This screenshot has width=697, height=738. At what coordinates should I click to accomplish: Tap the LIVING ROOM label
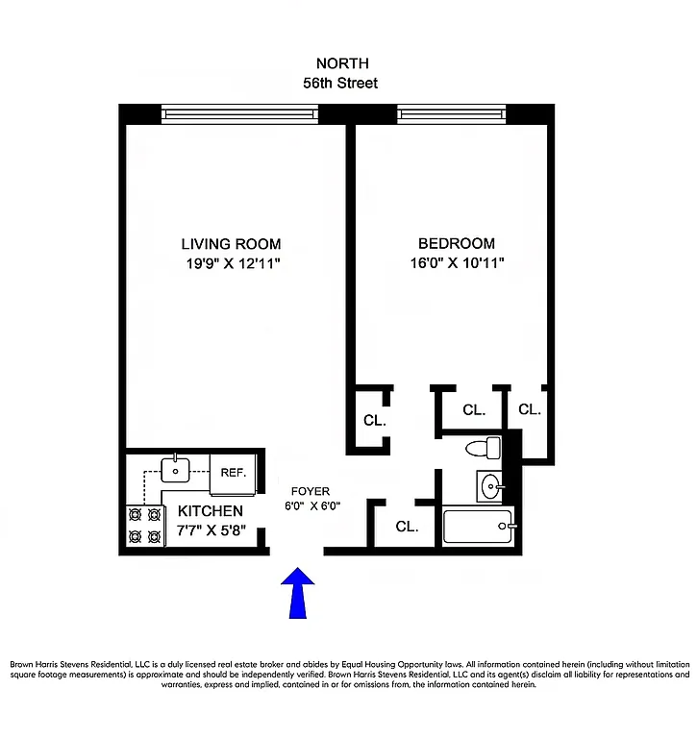coord(231,244)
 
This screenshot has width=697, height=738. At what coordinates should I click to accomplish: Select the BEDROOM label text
coord(456,244)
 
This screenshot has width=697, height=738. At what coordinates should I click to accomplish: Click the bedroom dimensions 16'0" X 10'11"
coord(456,262)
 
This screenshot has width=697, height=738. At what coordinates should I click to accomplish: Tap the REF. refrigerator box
coord(234,472)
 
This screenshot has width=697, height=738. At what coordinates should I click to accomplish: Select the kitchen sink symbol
coord(177,469)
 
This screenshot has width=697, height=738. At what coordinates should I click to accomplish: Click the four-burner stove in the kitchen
coord(143,527)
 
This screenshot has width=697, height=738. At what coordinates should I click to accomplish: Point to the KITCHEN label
coord(210,511)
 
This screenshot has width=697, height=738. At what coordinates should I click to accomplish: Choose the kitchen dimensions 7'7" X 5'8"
coord(212,529)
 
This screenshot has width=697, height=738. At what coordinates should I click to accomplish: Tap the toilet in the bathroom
coord(484,448)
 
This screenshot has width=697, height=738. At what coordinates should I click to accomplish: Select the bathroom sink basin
coord(492,486)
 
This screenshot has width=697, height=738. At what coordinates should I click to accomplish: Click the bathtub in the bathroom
coord(478,526)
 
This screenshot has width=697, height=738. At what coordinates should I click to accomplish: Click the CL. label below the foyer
coord(407,527)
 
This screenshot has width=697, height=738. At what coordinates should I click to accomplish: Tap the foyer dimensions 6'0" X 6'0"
coord(311,505)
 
